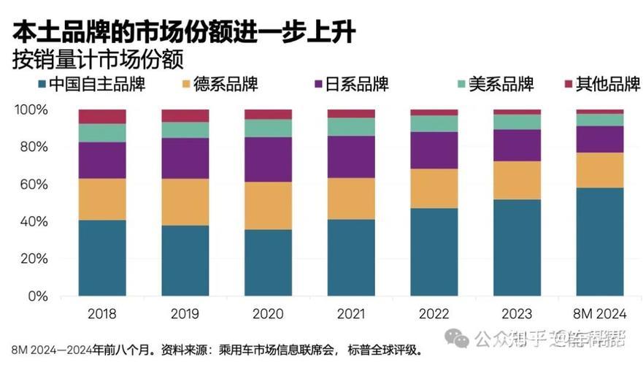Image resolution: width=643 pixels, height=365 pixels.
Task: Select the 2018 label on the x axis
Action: click(x=101, y=315)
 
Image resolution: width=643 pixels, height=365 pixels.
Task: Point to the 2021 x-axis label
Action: click(x=350, y=315)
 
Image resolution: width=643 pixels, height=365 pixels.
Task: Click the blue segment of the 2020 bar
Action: click(x=268, y=263)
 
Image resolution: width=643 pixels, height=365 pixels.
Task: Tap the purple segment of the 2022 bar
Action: click(x=434, y=150)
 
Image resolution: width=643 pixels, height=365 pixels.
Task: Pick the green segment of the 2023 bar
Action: click(x=517, y=122)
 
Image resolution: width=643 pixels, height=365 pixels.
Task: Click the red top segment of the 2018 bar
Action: click(x=102, y=116)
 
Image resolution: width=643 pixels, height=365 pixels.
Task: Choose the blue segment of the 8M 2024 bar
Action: click(x=599, y=242)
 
